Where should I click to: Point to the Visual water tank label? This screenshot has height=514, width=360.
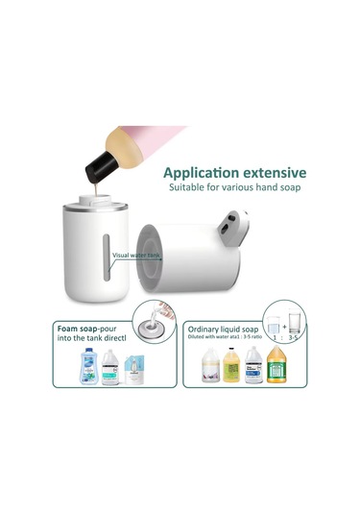coord(134,257)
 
